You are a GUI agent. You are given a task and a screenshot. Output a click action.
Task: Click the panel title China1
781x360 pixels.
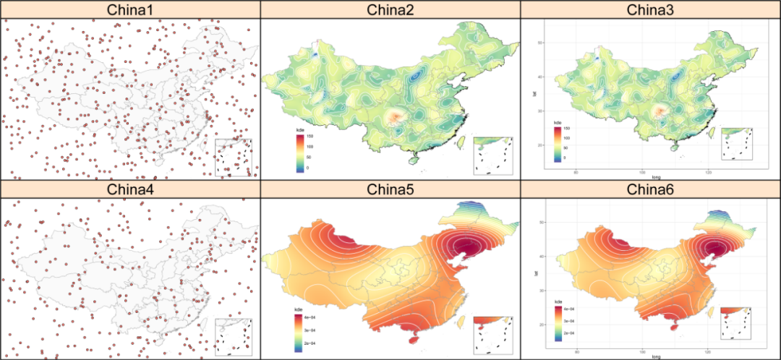(x=130, y=9)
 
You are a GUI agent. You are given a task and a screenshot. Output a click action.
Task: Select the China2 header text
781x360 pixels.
(x=390, y=9)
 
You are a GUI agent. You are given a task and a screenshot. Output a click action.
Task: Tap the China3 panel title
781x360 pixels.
(x=651, y=9)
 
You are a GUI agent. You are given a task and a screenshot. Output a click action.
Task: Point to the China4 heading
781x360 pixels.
(x=130, y=189)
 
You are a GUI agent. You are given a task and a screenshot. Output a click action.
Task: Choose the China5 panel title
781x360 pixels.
(x=390, y=189)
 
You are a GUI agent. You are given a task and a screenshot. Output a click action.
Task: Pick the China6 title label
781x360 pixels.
(x=651, y=189)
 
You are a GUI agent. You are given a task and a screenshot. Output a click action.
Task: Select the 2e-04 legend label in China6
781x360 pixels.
(x=571, y=333)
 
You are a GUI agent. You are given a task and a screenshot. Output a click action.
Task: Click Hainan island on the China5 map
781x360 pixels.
(x=414, y=337)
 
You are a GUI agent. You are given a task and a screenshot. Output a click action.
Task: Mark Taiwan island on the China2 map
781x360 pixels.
(x=458, y=142)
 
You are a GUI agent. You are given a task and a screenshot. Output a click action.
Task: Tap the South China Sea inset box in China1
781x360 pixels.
(x=234, y=157)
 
